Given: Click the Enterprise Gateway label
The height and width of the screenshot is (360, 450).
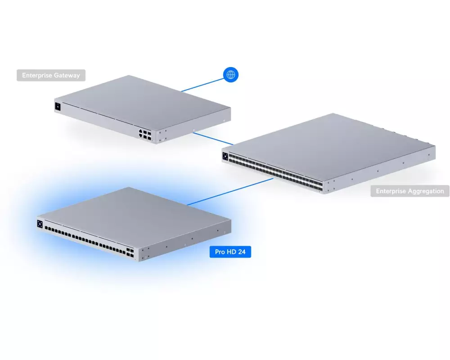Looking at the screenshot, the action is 51,75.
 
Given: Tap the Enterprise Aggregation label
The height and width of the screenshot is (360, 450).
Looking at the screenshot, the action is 410,191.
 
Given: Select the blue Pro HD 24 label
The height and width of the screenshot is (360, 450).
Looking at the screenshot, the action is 230,252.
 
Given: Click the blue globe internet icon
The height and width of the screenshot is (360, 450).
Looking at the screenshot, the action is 231,75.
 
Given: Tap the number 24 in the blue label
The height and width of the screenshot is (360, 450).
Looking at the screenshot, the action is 242,252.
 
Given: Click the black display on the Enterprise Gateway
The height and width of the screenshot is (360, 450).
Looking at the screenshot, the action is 58,107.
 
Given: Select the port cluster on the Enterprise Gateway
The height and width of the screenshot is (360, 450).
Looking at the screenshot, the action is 145,135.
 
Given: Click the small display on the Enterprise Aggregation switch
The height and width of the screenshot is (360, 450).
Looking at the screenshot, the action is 225,157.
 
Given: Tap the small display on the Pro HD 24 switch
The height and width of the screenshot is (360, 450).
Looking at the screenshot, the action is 40,224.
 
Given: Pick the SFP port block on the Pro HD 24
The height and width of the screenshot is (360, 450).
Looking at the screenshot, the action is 130,252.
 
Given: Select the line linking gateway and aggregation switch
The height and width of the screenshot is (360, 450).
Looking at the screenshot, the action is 213,139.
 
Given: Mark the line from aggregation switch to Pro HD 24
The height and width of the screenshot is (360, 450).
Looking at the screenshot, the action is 230,192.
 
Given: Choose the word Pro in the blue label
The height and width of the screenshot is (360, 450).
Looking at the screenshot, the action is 220,252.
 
